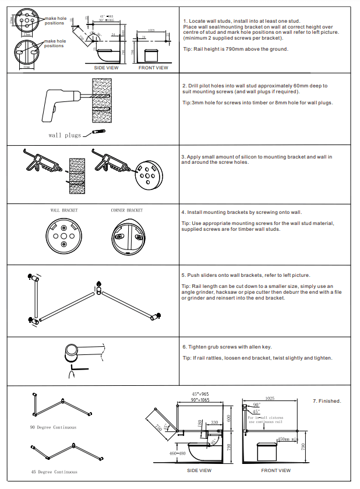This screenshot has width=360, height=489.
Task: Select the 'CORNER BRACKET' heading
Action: coord(126,210)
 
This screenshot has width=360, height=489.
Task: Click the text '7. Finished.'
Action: coord(327,401)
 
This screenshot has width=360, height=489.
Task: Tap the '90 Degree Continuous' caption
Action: coord(54,427)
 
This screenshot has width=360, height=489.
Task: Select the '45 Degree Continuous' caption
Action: coord(54,471)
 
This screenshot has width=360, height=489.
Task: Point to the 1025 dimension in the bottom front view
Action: coord(269,398)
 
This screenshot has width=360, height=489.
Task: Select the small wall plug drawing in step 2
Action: coord(98,132)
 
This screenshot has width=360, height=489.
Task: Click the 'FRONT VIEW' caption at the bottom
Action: coord(276,470)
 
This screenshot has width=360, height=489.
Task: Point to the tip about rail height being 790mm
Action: coord(235,49)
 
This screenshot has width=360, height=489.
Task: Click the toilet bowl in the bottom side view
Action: coord(207,453)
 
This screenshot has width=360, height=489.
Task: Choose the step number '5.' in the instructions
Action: coord(184,275)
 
